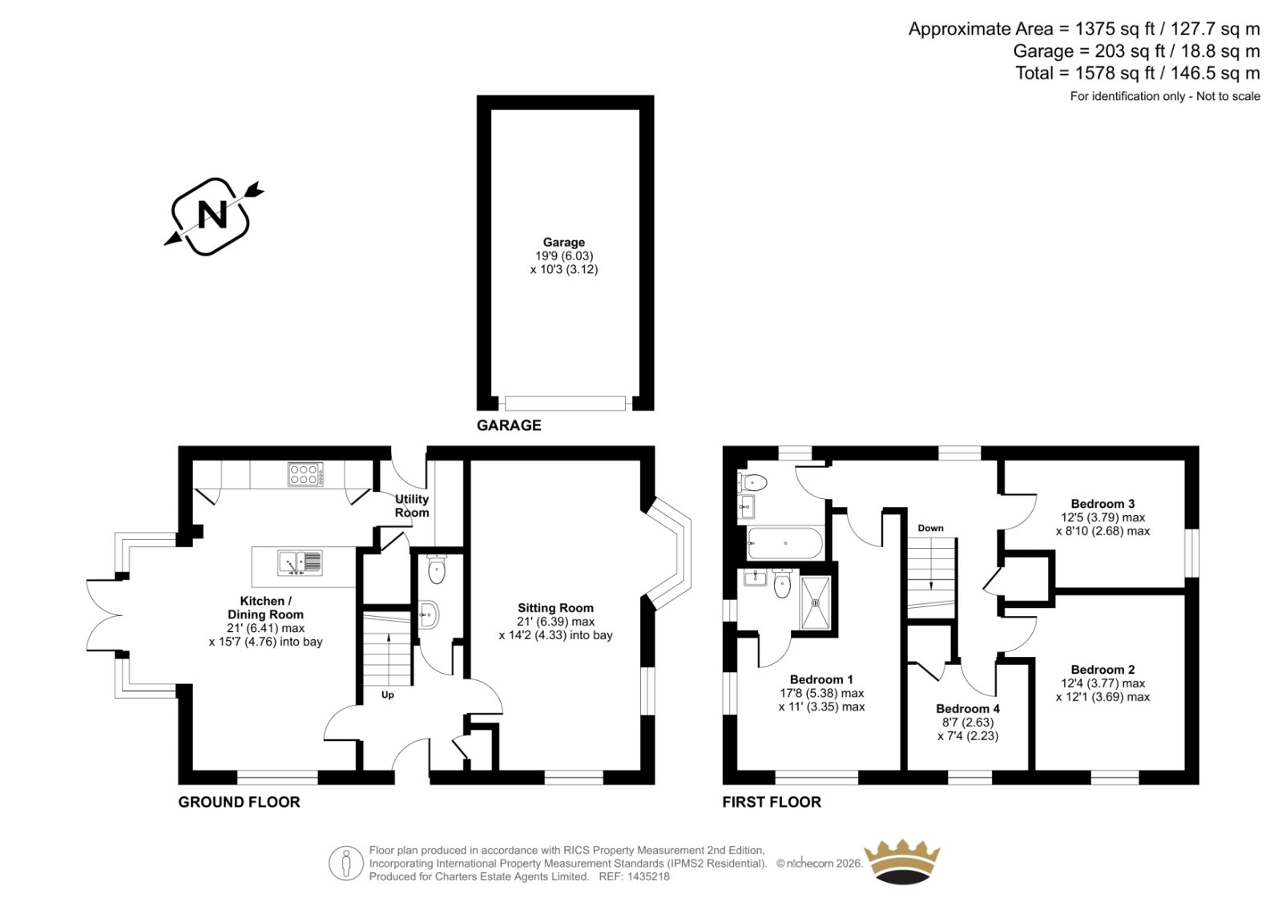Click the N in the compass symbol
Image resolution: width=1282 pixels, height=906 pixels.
212,215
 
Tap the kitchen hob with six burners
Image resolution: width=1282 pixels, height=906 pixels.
305,474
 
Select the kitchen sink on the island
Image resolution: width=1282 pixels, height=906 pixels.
300,562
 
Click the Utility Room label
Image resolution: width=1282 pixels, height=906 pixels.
412,506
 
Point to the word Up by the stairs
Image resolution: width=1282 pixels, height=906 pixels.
388,695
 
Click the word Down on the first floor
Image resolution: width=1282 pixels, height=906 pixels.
930,528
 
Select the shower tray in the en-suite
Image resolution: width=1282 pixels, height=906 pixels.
815,602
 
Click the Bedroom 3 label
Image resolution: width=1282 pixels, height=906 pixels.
1103,504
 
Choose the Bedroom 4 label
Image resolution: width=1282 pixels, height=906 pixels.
968,709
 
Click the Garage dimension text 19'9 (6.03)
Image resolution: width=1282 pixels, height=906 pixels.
564,256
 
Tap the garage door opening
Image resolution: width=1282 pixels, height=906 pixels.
565,403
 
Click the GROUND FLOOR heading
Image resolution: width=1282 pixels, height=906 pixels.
240,802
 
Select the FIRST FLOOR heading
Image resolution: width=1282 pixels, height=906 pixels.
772,802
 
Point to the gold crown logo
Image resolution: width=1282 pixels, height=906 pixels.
902,862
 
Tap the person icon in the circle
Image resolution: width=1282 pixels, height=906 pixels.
345,863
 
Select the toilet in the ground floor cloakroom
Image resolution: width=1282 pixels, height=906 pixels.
437,568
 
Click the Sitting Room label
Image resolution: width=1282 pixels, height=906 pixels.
555,608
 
